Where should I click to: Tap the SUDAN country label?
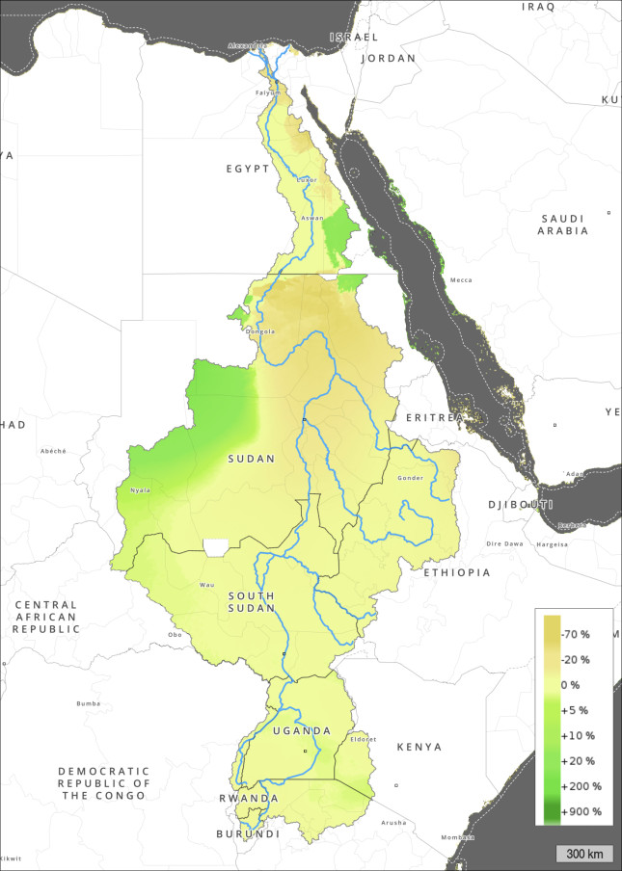(252, 459)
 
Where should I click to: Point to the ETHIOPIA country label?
(456, 572)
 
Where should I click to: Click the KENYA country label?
(419, 747)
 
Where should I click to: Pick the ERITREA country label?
(435, 417)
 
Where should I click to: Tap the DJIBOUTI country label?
(519, 504)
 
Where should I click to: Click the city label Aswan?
(312, 219)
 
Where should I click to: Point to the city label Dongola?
(260, 331)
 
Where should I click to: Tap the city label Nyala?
(140, 489)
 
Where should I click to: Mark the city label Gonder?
(410, 477)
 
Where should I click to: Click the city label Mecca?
(461, 280)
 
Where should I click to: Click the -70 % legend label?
(576, 634)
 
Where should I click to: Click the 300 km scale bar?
(584, 854)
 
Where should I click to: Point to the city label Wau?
(205, 585)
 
